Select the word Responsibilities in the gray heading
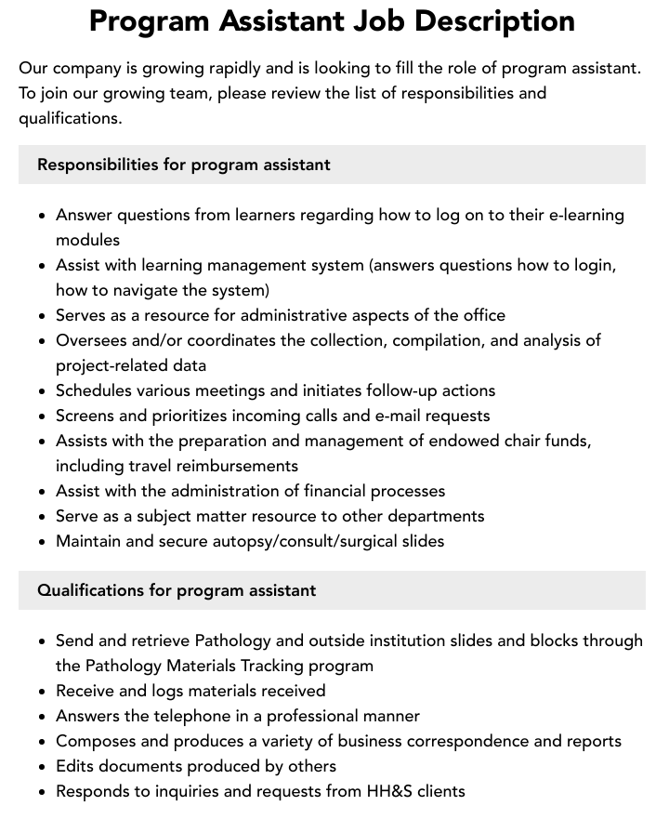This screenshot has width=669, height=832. pyautogui.click(x=97, y=165)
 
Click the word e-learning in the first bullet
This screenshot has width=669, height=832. pyautogui.click(x=584, y=215)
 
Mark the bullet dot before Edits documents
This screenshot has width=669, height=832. pyautogui.click(x=43, y=767)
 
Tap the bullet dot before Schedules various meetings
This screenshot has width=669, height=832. pyautogui.click(x=43, y=391)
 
